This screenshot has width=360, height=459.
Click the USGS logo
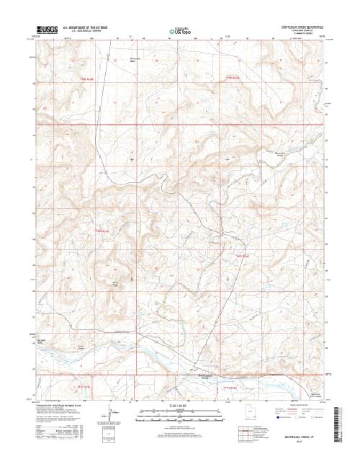[48, 31]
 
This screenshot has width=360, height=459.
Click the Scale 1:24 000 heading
[180, 406]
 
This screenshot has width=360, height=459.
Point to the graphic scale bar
[180, 412]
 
